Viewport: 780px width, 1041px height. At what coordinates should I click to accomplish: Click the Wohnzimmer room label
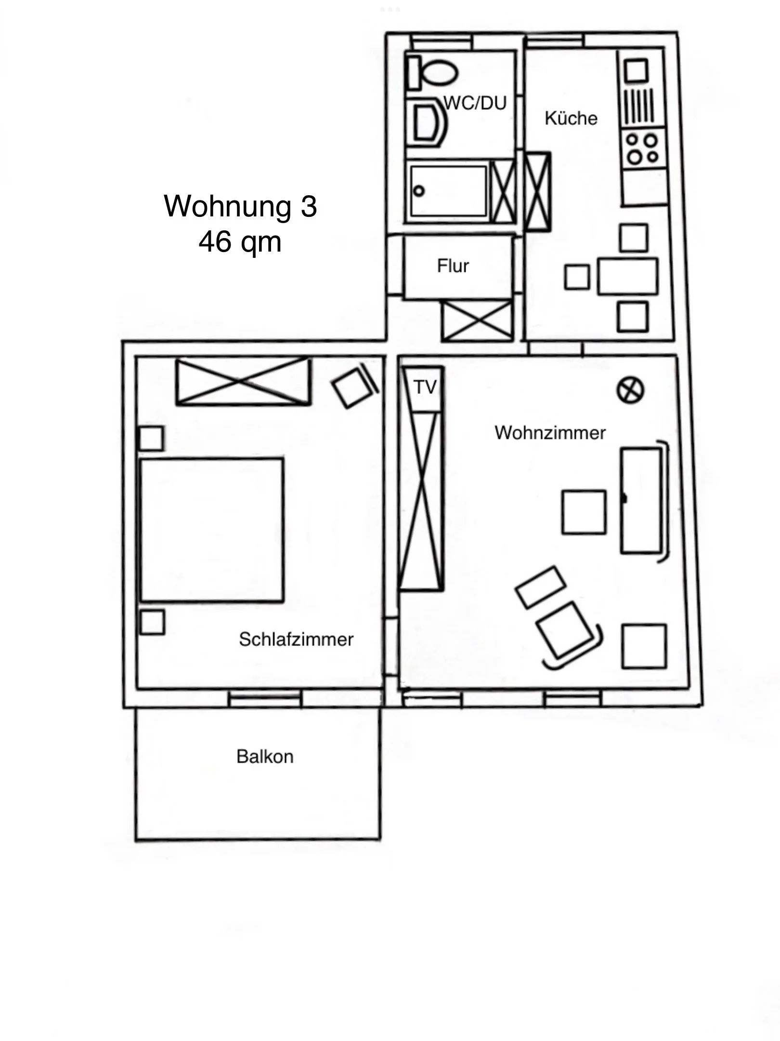(x=549, y=433)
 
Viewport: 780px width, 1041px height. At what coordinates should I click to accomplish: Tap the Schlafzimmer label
(x=296, y=640)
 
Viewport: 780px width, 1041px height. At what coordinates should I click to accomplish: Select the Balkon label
(x=265, y=756)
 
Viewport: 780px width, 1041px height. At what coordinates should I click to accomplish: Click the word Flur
(x=453, y=266)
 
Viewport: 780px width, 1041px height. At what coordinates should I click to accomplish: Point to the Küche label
(x=571, y=118)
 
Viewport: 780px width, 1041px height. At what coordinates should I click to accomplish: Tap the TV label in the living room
(x=425, y=387)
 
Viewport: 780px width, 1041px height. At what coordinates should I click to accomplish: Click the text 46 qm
(x=240, y=242)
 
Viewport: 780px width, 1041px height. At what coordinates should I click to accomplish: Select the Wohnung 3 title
(x=241, y=206)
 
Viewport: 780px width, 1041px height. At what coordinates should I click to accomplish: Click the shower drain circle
(x=419, y=191)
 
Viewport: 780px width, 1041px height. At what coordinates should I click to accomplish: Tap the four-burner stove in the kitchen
(x=642, y=148)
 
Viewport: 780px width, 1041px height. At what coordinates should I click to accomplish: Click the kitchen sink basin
(x=637, y=71)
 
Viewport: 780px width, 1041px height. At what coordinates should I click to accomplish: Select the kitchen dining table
(x=628, y=276)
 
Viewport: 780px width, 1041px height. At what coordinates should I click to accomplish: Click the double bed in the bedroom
(x=212, y=530)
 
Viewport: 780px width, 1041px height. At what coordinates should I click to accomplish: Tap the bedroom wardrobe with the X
(x=243, y=381)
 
